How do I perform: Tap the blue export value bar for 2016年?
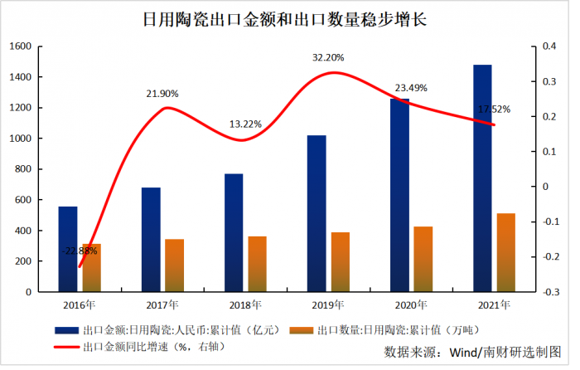tap(68, 249)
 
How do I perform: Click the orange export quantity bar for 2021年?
tap(505, 253)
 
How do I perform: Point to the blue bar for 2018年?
tap(234, 232)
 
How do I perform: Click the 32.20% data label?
tap(328, 58)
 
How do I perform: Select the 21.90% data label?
tap(162, 94)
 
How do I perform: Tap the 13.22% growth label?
tap(245, 124)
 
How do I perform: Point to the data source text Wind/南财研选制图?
tap(472, 352)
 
